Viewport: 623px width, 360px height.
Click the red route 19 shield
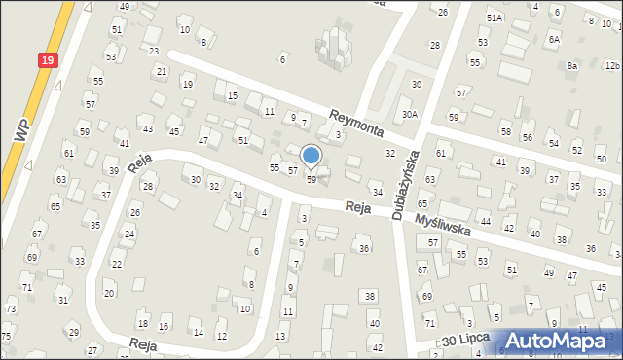pos(48,60)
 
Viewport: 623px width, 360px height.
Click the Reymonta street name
pos(356,122)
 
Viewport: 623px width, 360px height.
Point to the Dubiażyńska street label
pos(405,184)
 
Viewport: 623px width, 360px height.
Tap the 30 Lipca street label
pos(463,342)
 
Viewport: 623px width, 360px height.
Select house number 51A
pos(495,18)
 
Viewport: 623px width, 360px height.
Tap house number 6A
pos(554,39)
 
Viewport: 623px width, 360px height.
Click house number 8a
pos(573,65)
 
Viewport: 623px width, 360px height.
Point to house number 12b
pos(611,65)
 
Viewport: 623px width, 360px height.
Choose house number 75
pos(7,336)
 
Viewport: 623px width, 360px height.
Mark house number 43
pos(147,128)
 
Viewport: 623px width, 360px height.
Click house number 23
pos(153,51)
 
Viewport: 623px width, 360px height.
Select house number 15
pos(232,96)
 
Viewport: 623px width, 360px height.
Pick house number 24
pos(129,234)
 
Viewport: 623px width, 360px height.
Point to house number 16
pos(164,326)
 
